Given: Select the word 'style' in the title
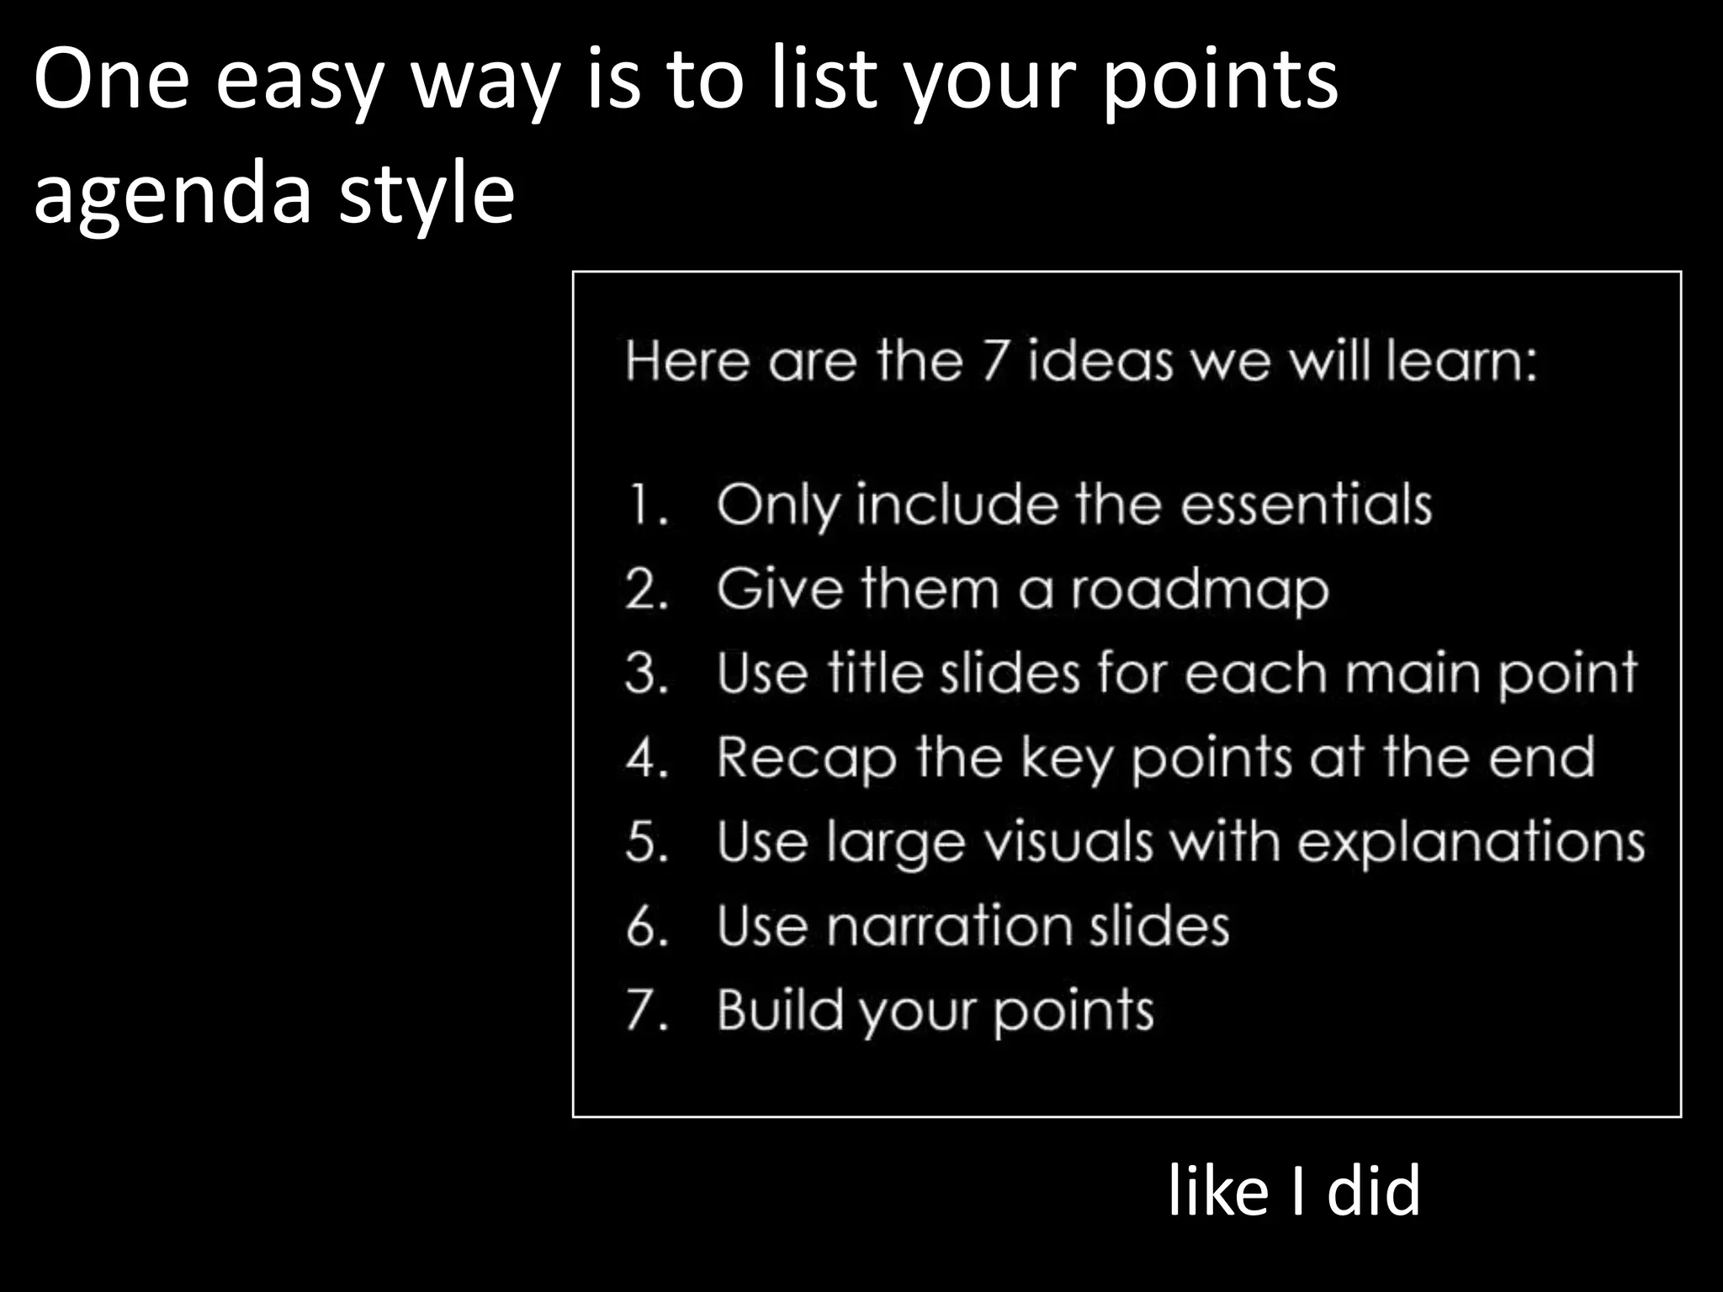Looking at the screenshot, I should point(426,195).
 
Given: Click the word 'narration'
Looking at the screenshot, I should point(950,926).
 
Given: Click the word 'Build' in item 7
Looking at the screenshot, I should point(779,1009).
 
